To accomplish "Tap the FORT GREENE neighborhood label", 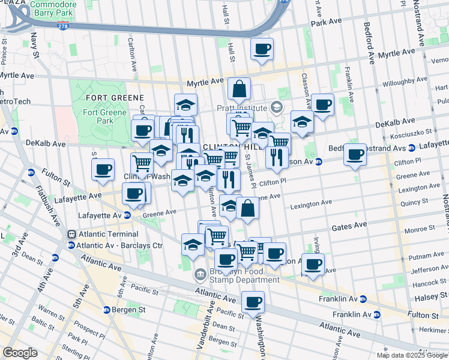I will [114, 97].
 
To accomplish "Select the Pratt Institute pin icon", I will [276, 109].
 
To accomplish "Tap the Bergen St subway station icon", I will [106, 310].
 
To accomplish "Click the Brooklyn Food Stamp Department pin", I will [199, 275].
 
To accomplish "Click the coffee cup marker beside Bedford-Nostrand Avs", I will [355, 154].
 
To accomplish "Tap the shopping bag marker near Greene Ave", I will [247, 208].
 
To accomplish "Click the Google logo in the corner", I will [20, 353].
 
